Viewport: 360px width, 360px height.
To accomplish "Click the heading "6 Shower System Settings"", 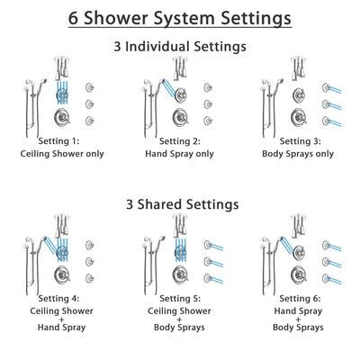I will coord(180,18).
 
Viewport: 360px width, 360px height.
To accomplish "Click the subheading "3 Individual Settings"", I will coord(180,46).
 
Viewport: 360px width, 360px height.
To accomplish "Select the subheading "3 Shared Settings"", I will coord(180,204).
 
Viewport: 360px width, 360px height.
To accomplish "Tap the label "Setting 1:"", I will coord(63,140).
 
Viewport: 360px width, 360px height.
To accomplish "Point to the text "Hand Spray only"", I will coord(180,154).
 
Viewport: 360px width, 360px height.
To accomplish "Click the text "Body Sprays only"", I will coord(297,154).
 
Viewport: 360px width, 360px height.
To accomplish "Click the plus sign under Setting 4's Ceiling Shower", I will coord(63,319).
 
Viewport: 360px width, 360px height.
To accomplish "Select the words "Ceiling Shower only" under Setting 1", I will coord(63,154).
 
